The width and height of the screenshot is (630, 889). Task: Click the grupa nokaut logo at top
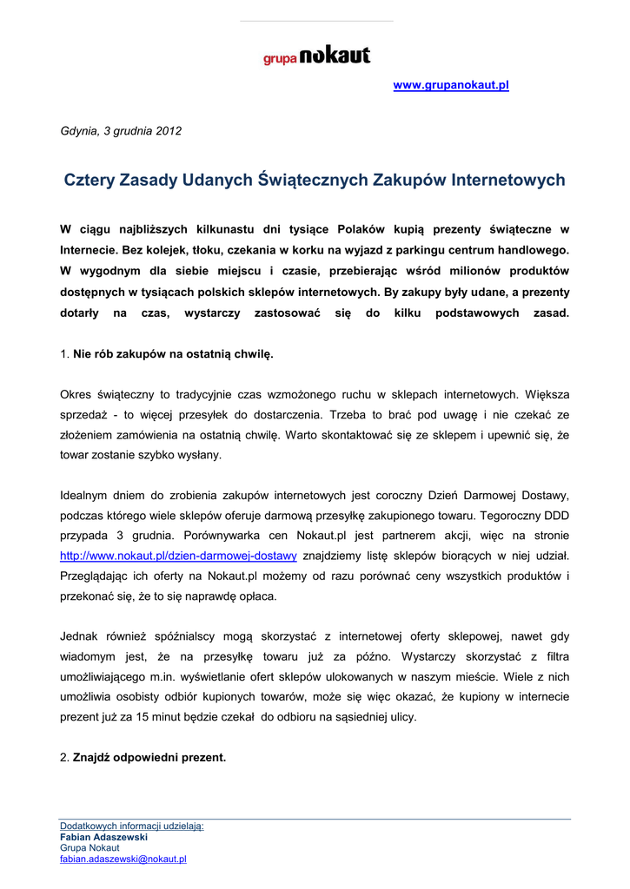click(x=316, y=56)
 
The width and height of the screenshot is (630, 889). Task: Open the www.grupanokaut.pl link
click(x=450, y=85)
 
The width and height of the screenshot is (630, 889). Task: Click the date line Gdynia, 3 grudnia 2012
click(x=121, y=131)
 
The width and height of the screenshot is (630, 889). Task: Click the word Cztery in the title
click(x=90, y=181)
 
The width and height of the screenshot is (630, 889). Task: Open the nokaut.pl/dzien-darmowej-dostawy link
click(x=178, y=556)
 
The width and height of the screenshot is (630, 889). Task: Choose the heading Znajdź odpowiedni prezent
click(x=149, y=757)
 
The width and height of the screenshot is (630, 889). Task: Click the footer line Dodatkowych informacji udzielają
click(x=131, y=826)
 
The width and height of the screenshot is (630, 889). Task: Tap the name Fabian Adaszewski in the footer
click(x=103, y=837)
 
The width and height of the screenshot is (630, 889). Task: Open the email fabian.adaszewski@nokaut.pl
click(x=123, y=859)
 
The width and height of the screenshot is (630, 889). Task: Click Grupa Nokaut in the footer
click(x=90, y=848)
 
